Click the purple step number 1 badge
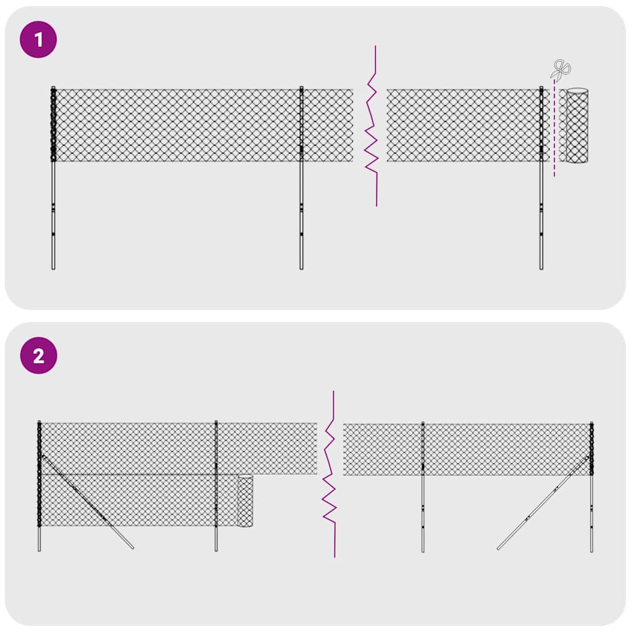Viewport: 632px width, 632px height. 39,40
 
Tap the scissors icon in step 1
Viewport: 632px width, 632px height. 561,69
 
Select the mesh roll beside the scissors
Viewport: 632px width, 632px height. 577,126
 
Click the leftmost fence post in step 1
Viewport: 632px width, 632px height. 53,210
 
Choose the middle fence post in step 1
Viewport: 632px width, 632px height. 301,210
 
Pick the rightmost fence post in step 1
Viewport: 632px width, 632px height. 541,210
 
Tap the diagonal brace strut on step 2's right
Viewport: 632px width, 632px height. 537,509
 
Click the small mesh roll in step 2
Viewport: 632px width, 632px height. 246,501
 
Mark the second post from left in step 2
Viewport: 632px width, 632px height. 216,537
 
